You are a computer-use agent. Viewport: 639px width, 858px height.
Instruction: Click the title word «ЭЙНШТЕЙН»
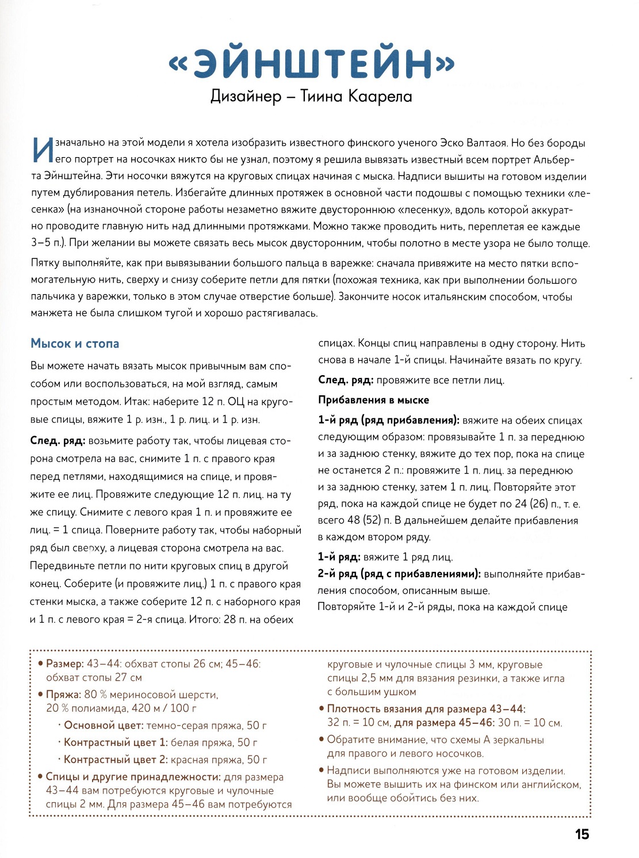click(x=311, y=63)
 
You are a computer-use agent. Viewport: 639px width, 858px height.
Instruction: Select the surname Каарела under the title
click(x=380, y=96)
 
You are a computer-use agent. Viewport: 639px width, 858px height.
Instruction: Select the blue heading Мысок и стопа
click(x=75, y=344)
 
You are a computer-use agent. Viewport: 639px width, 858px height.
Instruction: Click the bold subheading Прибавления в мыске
click(x=373, y=400)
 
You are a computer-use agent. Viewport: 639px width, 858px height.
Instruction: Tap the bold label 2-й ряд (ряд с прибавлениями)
click(x=399, y=574)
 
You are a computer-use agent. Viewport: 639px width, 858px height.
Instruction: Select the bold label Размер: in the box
click(x=65, y=663)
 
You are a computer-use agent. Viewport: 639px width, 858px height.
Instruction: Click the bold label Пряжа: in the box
click(x=63, y=695)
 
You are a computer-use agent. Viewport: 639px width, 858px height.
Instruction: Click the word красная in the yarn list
click(x=191, y=760)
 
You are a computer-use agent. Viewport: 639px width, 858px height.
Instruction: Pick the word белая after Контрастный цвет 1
click(x=187, y=742)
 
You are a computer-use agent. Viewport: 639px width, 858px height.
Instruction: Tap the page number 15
click(x=582, y=834)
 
